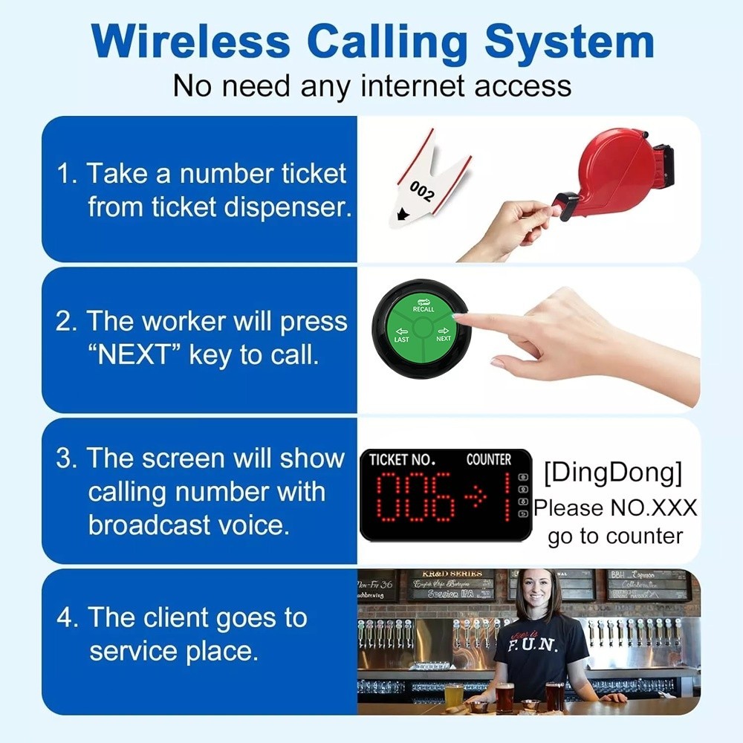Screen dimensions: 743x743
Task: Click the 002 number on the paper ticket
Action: tap(421, 192)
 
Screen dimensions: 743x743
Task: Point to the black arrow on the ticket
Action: tap(403, 215)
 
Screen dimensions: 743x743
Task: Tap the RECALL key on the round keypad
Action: tap(423, 305)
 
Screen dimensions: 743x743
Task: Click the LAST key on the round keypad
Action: tap(401, 335)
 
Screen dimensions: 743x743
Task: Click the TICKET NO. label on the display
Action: tap(402, 460)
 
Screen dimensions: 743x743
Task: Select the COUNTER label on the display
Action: tap(488, 460)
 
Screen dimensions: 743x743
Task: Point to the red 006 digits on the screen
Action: tap(415, 496)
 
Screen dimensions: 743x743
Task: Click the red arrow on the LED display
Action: tap(473, 496)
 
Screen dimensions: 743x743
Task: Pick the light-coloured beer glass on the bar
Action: tap(453, 694)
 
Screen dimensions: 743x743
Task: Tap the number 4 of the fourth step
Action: tap(67, 618)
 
